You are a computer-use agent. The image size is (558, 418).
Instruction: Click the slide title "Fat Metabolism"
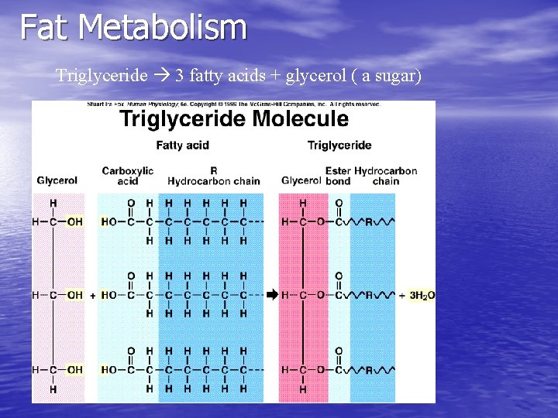133,27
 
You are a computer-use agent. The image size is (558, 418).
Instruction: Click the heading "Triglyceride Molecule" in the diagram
233,119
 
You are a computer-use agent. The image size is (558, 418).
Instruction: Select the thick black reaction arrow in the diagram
271,295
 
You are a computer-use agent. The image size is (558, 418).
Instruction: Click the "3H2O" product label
422,296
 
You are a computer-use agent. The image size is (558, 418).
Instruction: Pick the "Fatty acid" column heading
182,145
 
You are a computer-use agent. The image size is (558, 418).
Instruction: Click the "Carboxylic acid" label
127,176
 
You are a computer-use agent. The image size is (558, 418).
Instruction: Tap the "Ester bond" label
338,176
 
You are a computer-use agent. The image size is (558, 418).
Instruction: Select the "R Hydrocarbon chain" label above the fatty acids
213,176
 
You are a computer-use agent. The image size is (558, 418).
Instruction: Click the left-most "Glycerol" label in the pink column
57,180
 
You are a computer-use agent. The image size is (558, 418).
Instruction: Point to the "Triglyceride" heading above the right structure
339,145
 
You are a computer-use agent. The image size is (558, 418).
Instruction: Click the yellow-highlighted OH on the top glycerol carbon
75,222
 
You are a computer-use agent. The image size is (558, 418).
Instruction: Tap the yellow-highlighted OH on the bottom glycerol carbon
75,370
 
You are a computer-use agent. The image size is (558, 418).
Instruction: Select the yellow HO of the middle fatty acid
108,295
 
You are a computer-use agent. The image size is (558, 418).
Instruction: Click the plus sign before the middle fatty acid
93,295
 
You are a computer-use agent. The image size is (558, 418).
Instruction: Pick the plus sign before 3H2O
402,295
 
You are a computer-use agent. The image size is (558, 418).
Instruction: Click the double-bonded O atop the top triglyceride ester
339,204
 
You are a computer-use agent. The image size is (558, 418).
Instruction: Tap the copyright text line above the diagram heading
233,104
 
